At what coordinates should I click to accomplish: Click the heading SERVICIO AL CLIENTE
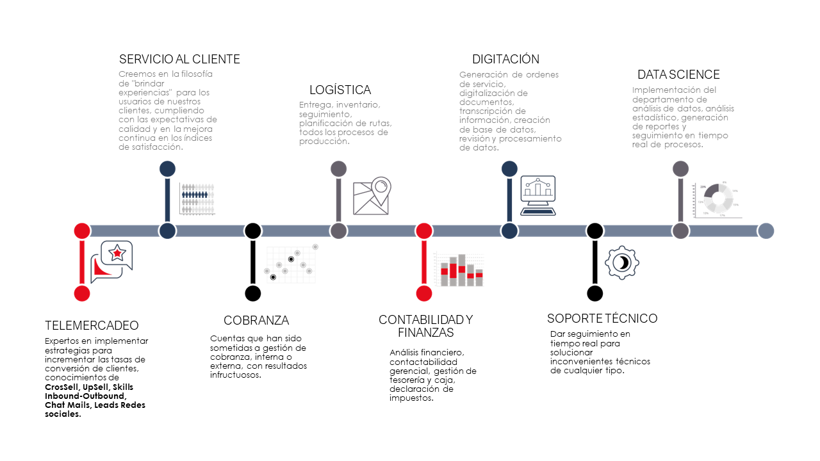pyautogui.click(x=179, y=60)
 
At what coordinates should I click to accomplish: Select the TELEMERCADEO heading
pyautogui.click(x=92, y=325)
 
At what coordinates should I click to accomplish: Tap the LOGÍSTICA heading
pyautogui.click(x=340, y=90)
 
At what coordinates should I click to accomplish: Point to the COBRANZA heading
pyautogui.click(x=256, y=320)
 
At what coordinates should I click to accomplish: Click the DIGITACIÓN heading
pyautogui.click(x=505, y=60)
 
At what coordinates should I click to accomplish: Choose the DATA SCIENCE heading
pyautogui.click(x=678, y=75)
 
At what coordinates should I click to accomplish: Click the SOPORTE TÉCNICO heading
pyautogui.click(x=602, y=318)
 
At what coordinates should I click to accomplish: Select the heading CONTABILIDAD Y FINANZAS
pyautogui.click(x=425, y=326)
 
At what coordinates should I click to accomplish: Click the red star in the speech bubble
pyautogui.click(x=117, y=253)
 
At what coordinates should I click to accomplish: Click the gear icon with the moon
pyautogui.click(x=621, y=263)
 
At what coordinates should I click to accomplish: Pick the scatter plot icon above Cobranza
pyautogui.click(x=291, y=263)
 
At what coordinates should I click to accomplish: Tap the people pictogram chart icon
pyautogui.click(x=197, y=198)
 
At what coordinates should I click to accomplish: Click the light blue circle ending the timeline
pyautogui.click(x=766, y=231)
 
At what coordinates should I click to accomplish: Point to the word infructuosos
pyautogui.click(x=235, y=375)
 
